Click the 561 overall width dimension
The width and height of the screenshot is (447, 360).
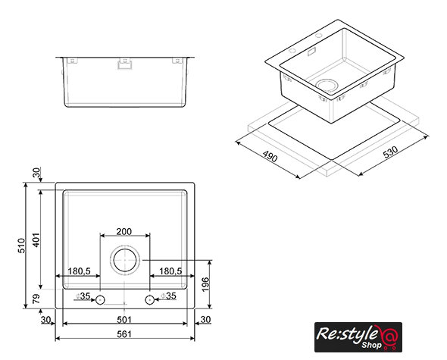coord(124,333)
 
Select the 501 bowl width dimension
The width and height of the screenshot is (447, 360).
coord(124,320)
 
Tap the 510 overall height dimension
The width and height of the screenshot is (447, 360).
coord(22,246)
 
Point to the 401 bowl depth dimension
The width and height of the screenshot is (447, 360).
coord(36,240)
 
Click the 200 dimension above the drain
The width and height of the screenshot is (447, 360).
coord(124,231)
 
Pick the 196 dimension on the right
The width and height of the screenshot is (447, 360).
coord(205,284)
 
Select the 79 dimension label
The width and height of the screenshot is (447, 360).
coord(36,299)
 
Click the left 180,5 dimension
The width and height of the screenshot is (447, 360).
coord(79,271)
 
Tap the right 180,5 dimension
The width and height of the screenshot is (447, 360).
coord(170,271)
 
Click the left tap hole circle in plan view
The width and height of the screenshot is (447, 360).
coord(100,300)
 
